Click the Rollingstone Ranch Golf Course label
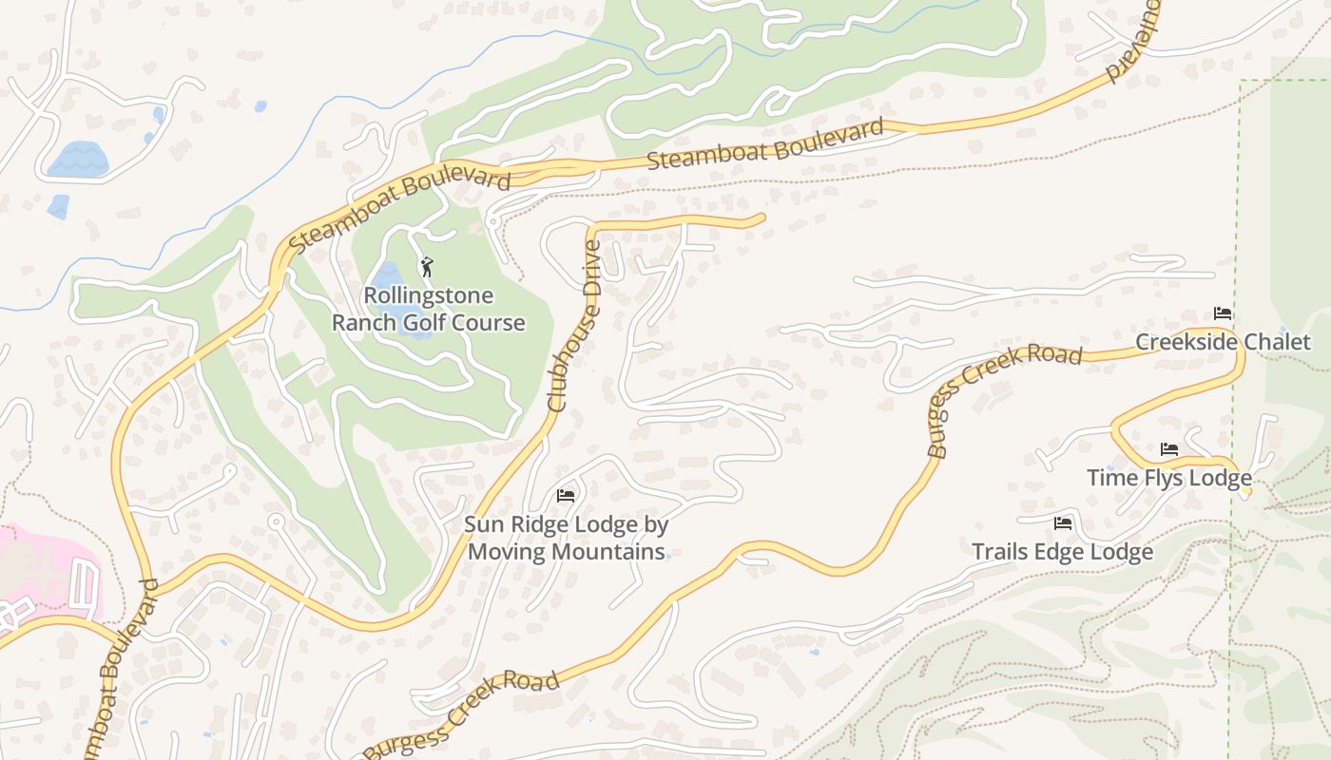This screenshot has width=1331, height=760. click(428, 310)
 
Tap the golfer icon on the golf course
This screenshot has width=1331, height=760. click(427, 267)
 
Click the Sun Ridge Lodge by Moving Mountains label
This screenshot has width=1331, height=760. click(566, 538)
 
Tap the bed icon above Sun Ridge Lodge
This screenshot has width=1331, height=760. click(566, 496)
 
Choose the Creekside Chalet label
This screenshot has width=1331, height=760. click(1223, 342)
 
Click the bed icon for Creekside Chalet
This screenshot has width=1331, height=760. click(1223, 313)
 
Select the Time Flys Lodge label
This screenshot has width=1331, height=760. click(1168, 478)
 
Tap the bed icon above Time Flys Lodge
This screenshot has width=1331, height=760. click(1169, 449)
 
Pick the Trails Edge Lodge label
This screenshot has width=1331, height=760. click(1062, 552)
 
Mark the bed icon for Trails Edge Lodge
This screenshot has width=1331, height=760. click(1063, 523)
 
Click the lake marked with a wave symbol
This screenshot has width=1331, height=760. click(77, 159)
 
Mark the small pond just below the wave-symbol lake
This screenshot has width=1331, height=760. click(58, 206)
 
